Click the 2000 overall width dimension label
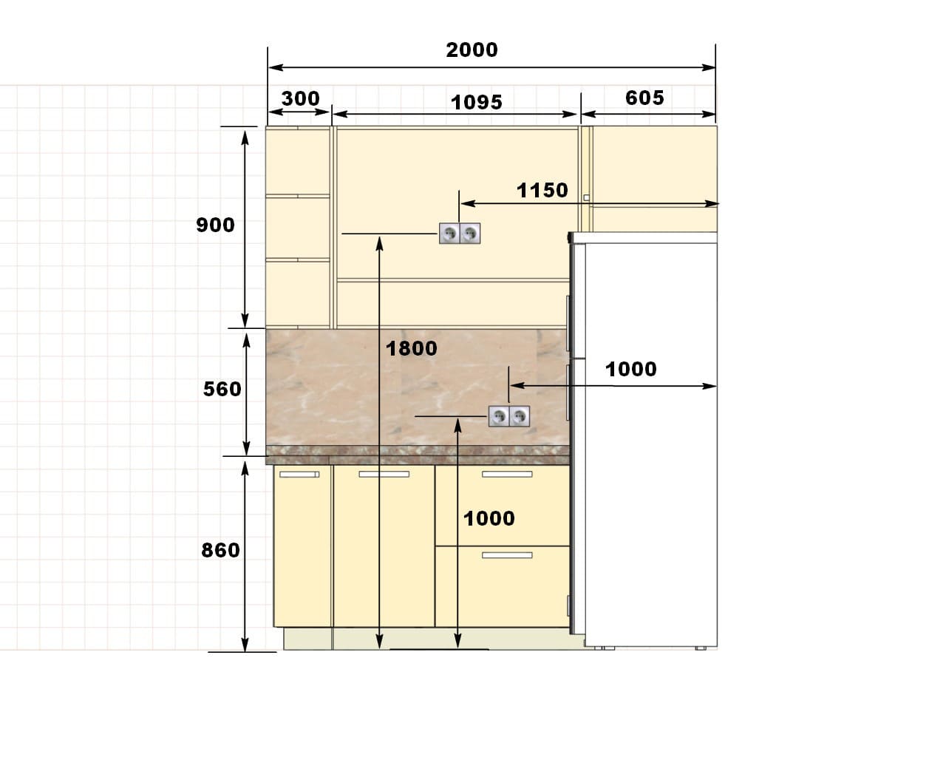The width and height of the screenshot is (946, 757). click(x=472, y=50)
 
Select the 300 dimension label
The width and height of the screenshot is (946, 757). click(x=300, y=98)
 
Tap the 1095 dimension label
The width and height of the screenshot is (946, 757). click(x=477, y=103)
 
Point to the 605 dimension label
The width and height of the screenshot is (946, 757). click(x=644, y=98)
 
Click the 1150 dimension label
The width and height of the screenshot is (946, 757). click(x=542, y=191)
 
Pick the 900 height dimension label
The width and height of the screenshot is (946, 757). click(x=215, y=225)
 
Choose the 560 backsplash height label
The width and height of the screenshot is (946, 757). click(x=222, y=390)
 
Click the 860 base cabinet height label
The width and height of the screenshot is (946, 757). click(x=220, y=550)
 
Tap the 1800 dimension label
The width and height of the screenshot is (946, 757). click(x=412, y=349)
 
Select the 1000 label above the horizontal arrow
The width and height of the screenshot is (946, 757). click(x=631, y=369)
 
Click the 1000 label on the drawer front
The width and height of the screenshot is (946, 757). click(x=489, y=519)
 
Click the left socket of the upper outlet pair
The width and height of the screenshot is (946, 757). click(x=449, y=233)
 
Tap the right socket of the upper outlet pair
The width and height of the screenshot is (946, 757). click(x=470, y=233)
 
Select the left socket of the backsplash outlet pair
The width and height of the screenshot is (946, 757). click(x=498, y=416)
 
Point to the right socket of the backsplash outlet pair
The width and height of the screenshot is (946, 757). click(x=519, y=416)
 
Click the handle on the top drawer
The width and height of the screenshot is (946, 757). click(x=507, y=474)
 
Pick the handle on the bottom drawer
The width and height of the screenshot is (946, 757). click(x=507, y=555)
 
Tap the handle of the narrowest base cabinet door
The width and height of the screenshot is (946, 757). click(x=299, y=475)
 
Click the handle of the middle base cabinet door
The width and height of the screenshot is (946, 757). click(x=384, y=474)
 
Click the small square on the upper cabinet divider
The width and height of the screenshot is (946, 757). click(x=586, y=198)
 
